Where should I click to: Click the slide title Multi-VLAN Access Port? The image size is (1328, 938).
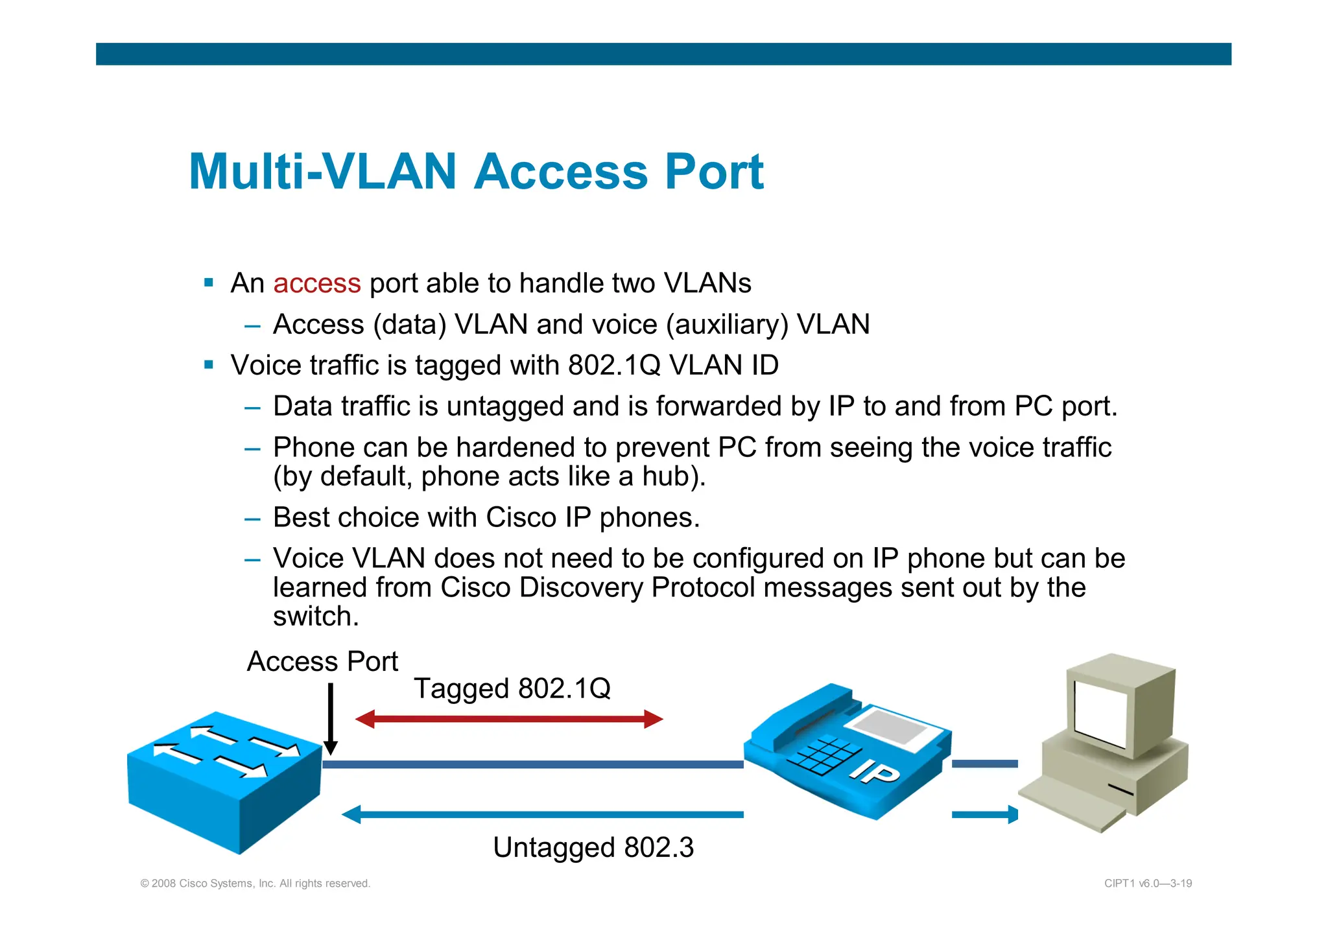(476, 172)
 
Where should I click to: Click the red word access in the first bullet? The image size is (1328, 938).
(316, 283)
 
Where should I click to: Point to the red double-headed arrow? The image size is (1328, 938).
(509, 719)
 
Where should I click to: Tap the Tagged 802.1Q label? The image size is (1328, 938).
(512, 688)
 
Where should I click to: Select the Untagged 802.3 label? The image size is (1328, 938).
(593, 847)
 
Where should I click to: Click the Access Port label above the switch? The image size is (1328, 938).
(322, 662)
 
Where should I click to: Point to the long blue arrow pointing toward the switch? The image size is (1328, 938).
(542, 815)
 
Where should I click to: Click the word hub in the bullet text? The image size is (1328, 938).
(667, 476)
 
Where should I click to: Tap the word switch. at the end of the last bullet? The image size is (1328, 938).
(316, 616)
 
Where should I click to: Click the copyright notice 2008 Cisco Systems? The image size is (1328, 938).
(255, 884)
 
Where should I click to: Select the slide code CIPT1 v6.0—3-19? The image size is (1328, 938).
(1148, 884)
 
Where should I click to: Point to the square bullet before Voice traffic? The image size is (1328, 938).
(209, 365)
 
